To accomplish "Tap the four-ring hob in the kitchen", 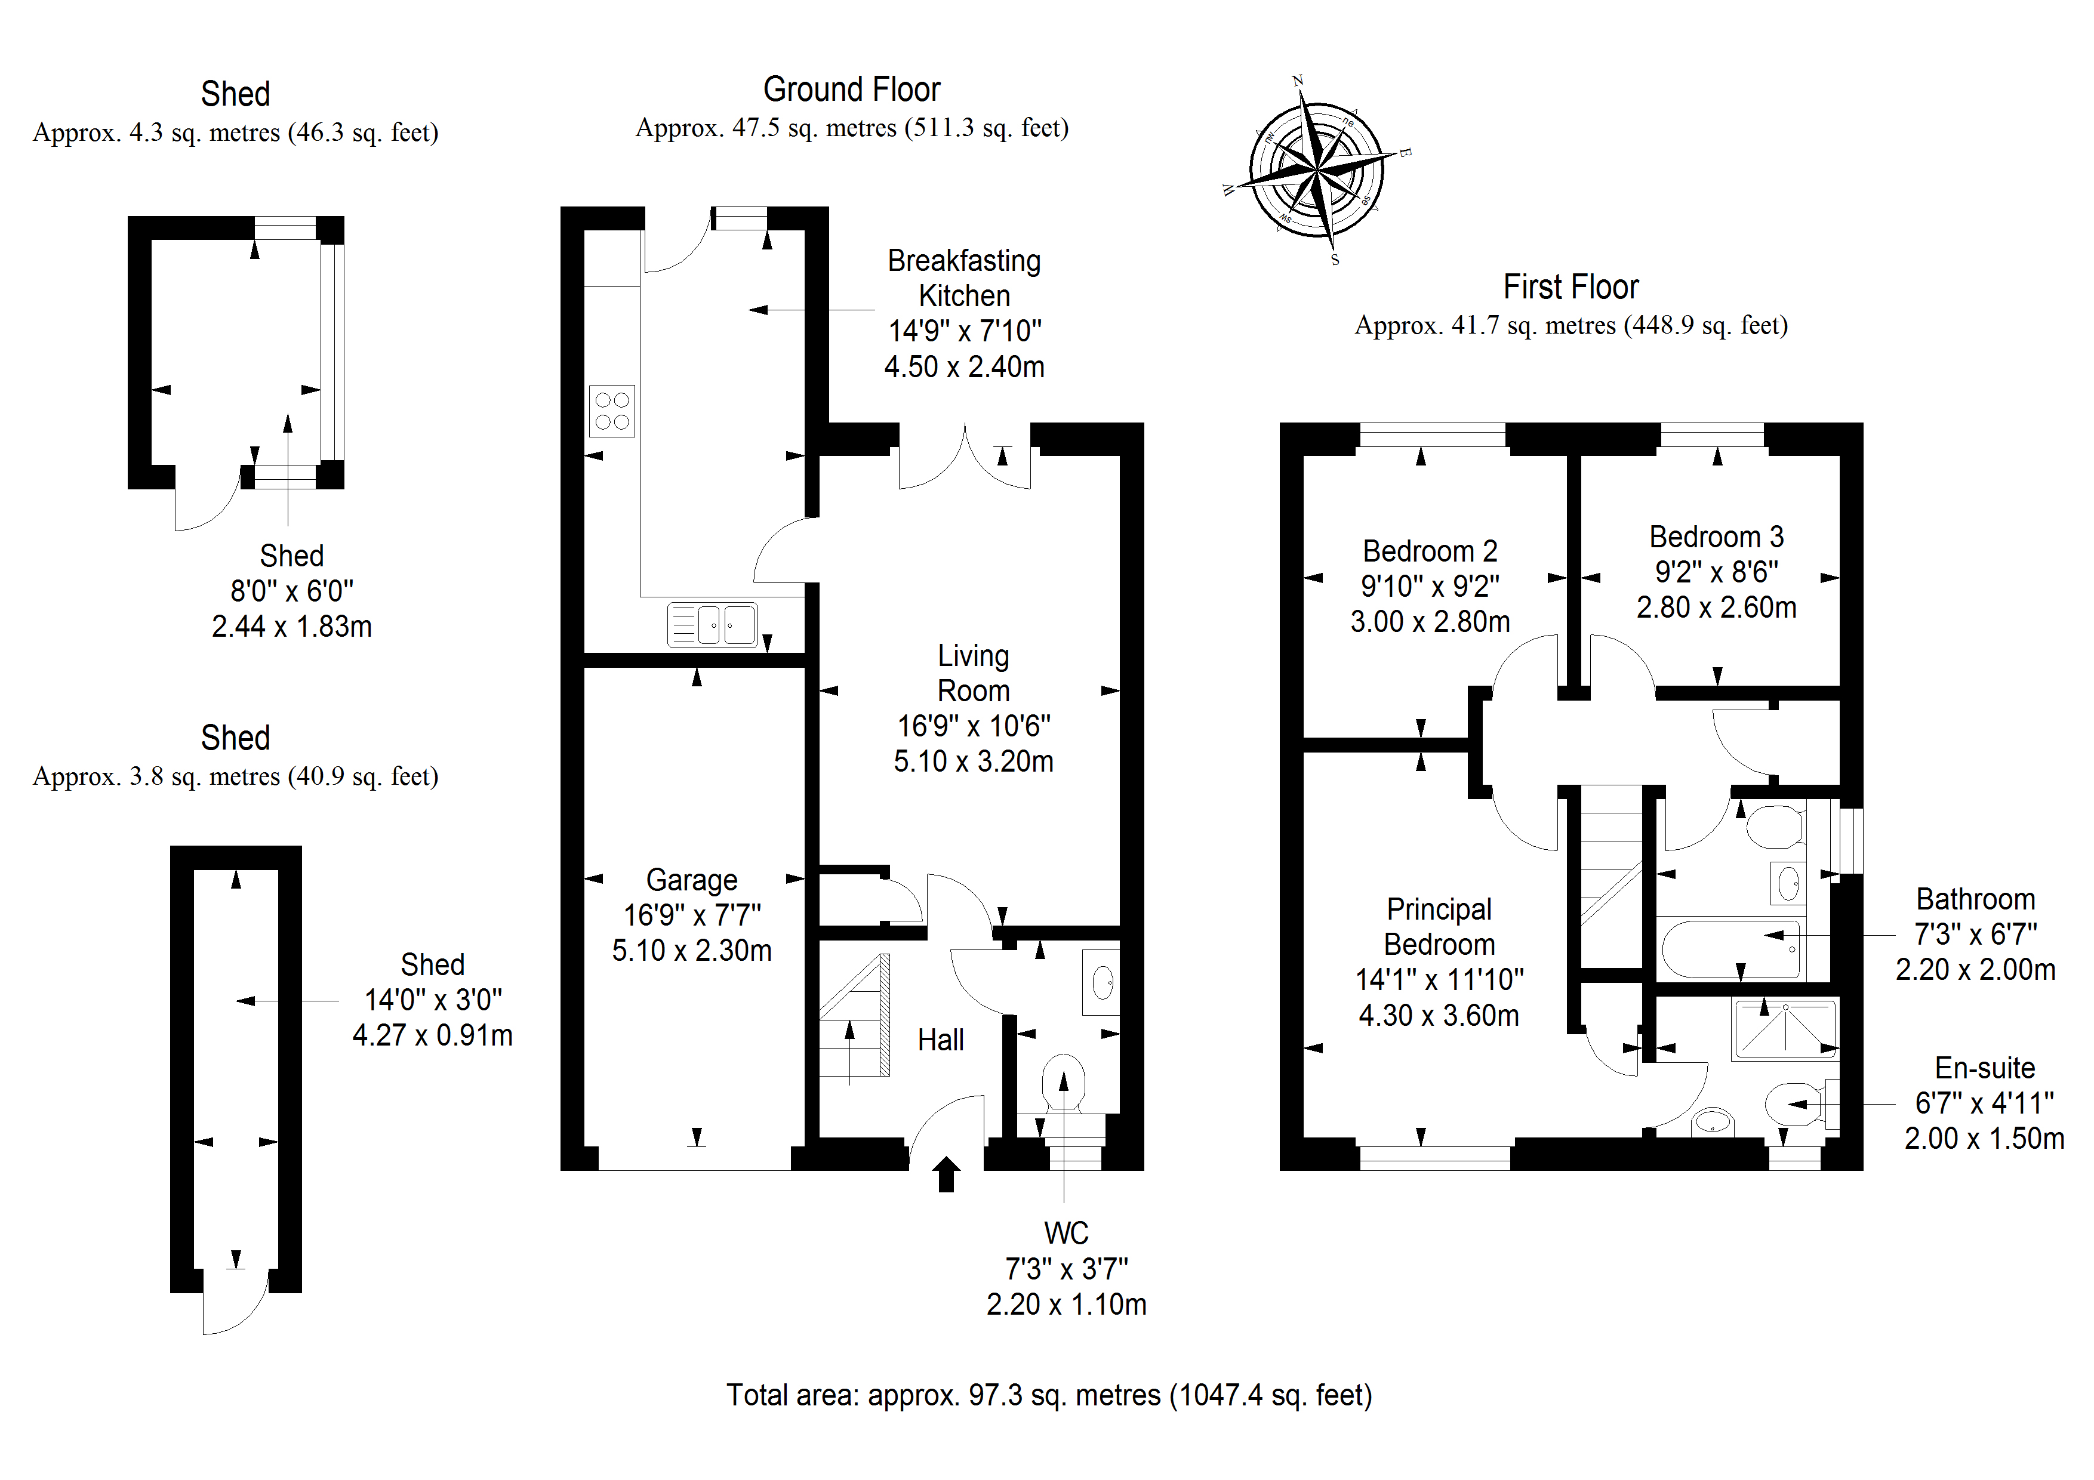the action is point(611,411).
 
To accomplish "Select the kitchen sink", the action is point(712,625).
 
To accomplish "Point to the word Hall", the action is point(940,1040).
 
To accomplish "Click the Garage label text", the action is point(691,880).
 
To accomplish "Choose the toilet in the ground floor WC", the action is point(1064,1081).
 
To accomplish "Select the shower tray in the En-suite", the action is point(1785,1029).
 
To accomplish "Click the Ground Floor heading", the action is point(851,90).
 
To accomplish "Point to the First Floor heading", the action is point(1571,287).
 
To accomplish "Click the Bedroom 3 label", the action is point(1716,537).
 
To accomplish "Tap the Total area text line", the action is point(1049,1395).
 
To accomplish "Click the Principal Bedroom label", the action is point(1439,926).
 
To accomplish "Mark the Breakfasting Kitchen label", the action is point(964,278).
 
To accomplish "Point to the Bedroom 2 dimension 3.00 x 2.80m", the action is point(1430,622).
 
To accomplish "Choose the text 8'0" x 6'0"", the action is point(292,591).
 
